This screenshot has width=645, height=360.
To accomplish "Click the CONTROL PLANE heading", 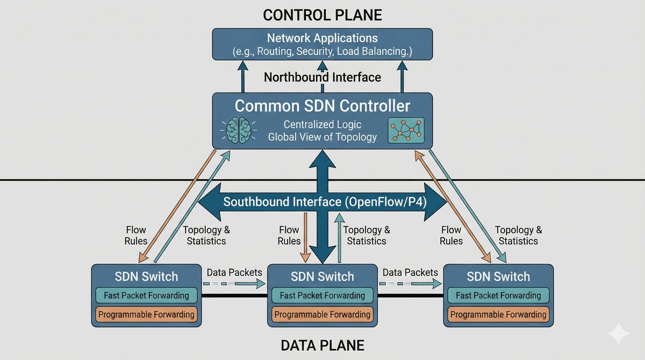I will click(x=322, y=15).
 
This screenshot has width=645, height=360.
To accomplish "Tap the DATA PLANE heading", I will click(x=322, y=345).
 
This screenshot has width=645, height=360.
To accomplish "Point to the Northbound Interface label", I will click(x=322, y=77).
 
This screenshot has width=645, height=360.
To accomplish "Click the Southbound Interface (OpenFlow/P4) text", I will click(x=322, y=203).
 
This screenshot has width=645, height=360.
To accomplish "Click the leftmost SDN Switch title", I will click(x=146, y=277).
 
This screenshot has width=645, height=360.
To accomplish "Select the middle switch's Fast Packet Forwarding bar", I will click(x=322, y=296).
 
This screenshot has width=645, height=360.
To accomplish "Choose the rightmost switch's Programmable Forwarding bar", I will click(x=498, y=315).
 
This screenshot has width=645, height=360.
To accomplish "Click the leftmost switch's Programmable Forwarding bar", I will click(x=146, y=314).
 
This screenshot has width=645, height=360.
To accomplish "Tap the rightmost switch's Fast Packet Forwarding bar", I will click(x=498, y=296).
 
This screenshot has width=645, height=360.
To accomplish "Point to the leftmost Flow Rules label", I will click(x=136, y=235).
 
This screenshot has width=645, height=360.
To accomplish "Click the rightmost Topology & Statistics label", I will click(x=518, y=235).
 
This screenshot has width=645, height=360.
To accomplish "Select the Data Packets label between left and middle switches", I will click(x=234, y=272).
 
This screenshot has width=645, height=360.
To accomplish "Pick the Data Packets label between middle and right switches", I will click(x=410, y=272).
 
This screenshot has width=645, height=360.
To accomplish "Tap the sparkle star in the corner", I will click(x=618, y=334).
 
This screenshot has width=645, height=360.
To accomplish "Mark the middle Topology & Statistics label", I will click(x=367, y=235).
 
